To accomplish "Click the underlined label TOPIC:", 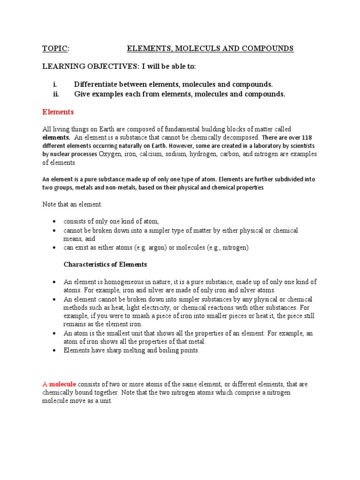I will point(56,49).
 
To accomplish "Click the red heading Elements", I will point(58,112).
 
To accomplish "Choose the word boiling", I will point(166,351).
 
